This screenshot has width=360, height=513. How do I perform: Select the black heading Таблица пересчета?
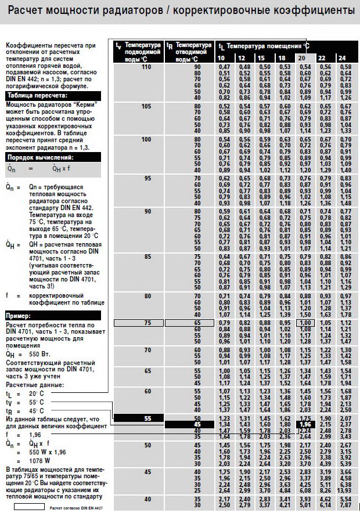[x=35, y=95]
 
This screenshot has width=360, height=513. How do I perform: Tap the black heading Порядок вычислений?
[x=41, y=156]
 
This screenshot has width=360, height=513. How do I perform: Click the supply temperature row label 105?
[x=146, y=106]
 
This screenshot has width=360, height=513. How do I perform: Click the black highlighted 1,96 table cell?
[x=305, y=424]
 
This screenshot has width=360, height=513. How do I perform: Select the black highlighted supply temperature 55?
[x=146, y=418]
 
